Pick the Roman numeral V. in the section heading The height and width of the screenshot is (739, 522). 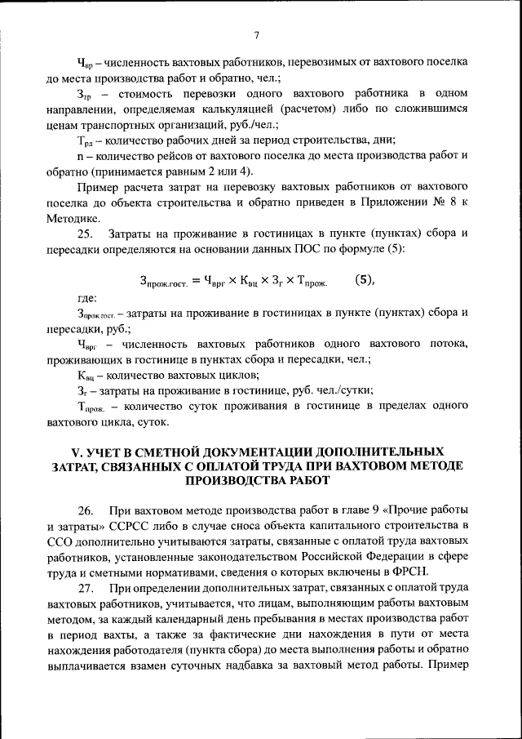point(80,452)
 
